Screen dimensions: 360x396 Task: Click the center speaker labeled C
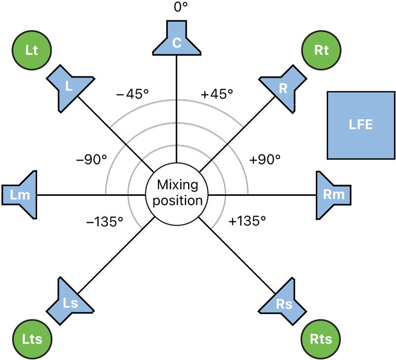177,41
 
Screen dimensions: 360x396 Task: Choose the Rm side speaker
333,194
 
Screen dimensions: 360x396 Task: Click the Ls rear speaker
70,302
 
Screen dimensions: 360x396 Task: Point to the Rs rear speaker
284,303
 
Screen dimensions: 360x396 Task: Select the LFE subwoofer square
360,125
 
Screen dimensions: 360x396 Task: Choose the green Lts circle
32,339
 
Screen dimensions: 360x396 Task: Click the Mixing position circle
177,193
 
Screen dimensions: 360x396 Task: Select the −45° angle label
132,94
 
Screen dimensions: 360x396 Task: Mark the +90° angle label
264,160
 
